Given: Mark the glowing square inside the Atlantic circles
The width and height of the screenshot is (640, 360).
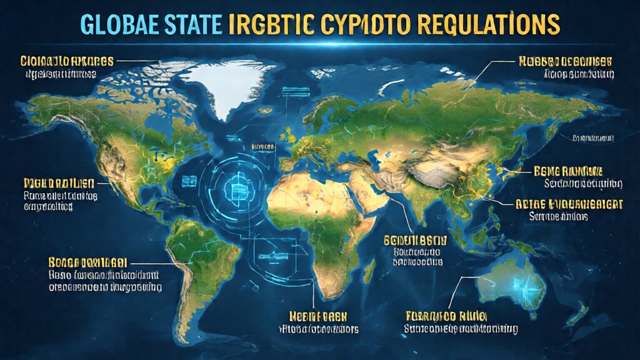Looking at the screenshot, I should coord(240,189).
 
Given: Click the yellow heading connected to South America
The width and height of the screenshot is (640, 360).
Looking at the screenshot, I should coord(87,262).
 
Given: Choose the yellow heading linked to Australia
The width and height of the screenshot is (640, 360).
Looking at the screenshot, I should coord(446,315).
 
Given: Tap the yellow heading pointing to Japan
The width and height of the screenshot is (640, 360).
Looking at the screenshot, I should coord(568,171).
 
